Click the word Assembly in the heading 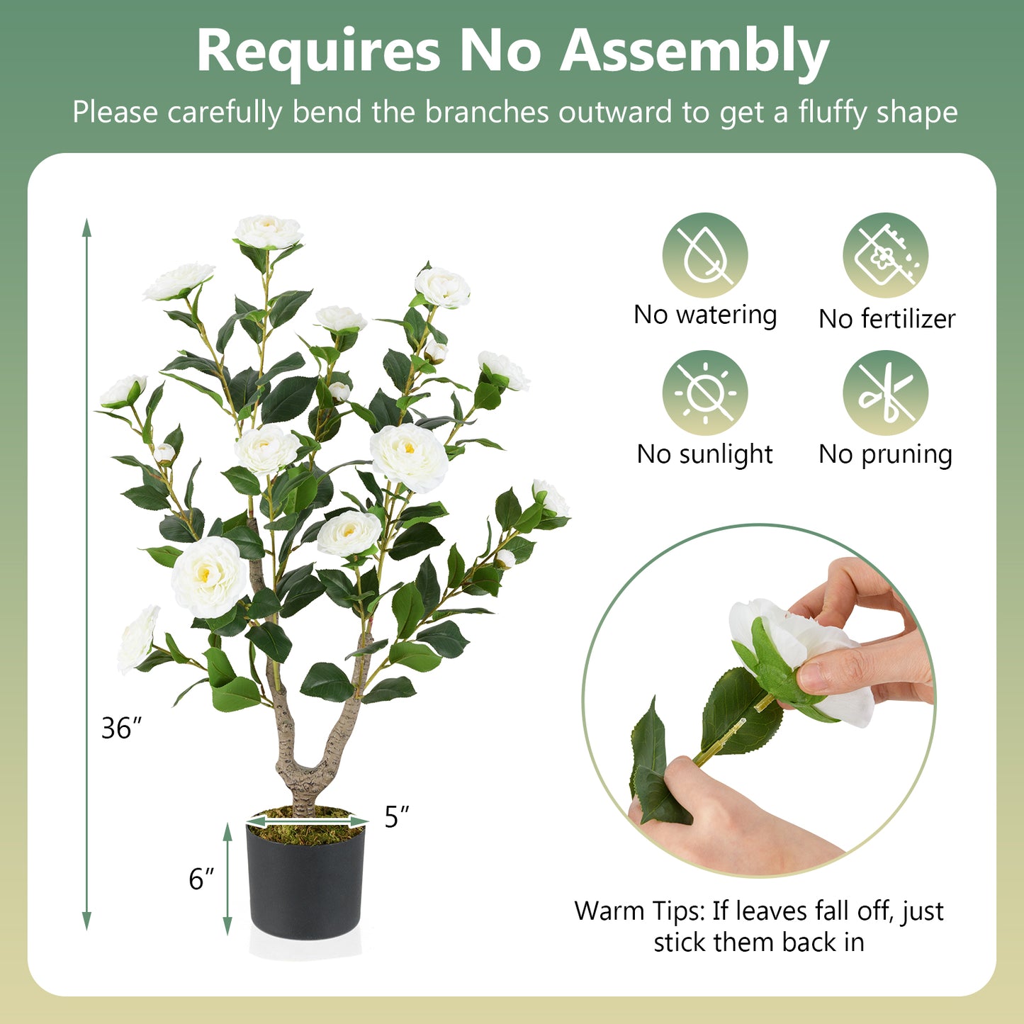[x=694, y=52]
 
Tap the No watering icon [x=704, y=255]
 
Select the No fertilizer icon [x=885, y=255]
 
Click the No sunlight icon [x=704, y=393]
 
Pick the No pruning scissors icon [x=885, y=393]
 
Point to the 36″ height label [x=121, y=728]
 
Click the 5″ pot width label [x=396, y=817]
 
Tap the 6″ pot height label [x=201, y=879]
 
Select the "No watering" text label [x=705, y=315]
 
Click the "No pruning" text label [x=885, y=454]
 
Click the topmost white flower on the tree [x=269, y=232]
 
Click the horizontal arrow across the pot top [x=307, y=821]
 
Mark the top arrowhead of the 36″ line [x=86, y=227]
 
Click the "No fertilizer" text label [x=887, y=319]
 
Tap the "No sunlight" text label [x=704, y=454]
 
